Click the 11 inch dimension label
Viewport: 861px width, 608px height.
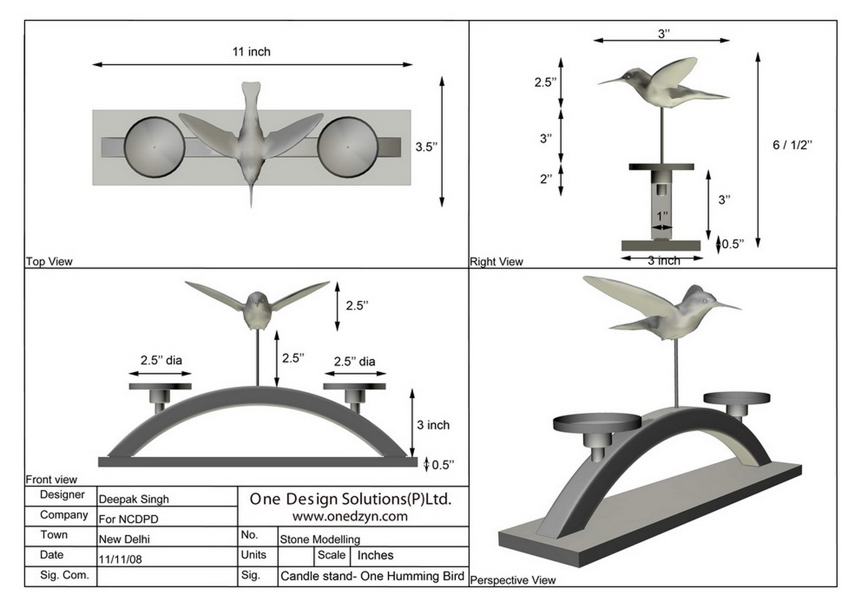[251, 52]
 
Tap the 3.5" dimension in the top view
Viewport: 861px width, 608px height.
[426, 147]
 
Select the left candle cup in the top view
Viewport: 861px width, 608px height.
[154, 147]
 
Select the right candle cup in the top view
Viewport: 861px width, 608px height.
[348, 147]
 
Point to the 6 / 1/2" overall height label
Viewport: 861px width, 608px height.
[792, 145]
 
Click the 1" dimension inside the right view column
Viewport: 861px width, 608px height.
[662, 216]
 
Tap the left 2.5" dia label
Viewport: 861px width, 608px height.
[161, 360]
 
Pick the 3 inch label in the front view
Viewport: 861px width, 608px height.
[433, 425]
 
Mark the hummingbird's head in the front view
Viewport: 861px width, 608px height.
[257, 301]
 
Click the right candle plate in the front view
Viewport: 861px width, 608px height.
[354, 387]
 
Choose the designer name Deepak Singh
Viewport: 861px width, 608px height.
[134, 499]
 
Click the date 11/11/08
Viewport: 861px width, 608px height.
[121, 560]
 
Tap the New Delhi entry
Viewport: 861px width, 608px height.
[125, 539]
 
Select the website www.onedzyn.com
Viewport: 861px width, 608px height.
[350, 516]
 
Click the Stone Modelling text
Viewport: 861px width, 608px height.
[320, 539]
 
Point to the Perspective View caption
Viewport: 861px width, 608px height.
[513, 580]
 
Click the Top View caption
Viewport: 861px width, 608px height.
[50, 261]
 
